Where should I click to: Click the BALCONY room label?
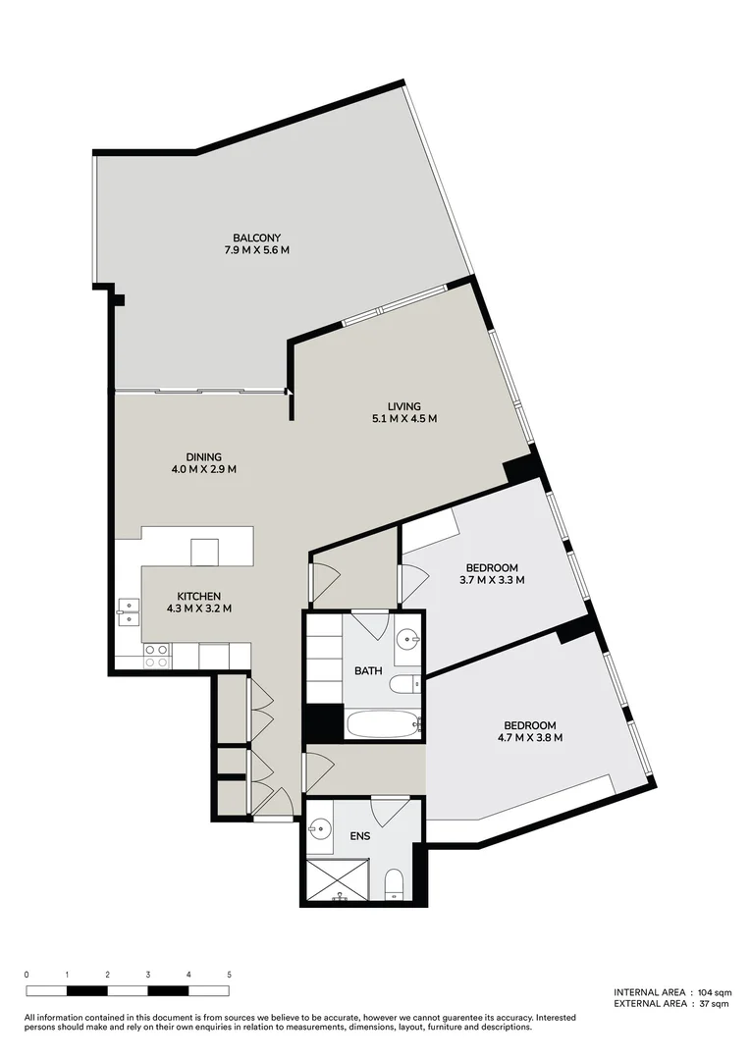click(256, 238)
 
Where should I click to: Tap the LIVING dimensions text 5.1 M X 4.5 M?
click(402, 419)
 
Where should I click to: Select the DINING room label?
click(204, 456)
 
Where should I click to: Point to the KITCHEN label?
click(198, 596)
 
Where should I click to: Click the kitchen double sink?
click(128, 611)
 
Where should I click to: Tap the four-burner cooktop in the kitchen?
click(156, 656)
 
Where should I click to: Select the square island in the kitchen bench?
click(204, 553)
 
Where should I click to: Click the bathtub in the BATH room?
click(384, 724)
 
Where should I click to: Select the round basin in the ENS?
click(317, 829)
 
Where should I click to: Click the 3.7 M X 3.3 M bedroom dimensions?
click(492, 580)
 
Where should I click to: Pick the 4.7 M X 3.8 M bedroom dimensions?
click(530, 738)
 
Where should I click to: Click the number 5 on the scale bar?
click(229, 975)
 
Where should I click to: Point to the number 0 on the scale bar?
click(27, 975)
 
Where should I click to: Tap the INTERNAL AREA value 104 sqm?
click(713, 992)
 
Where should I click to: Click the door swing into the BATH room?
click(370, 624)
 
